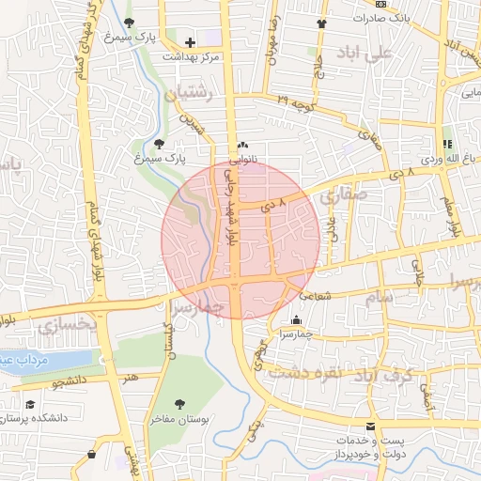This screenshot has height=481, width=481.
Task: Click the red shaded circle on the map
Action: pos(239,239)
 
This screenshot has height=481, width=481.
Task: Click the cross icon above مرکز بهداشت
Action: pos(191,42)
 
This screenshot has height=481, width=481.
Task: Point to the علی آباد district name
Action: pos(394,54)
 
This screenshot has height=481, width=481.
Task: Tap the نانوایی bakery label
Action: pos(244,160)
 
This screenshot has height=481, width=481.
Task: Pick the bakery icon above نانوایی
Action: pos(244,146)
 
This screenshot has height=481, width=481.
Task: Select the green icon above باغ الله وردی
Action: pos(447,144)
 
